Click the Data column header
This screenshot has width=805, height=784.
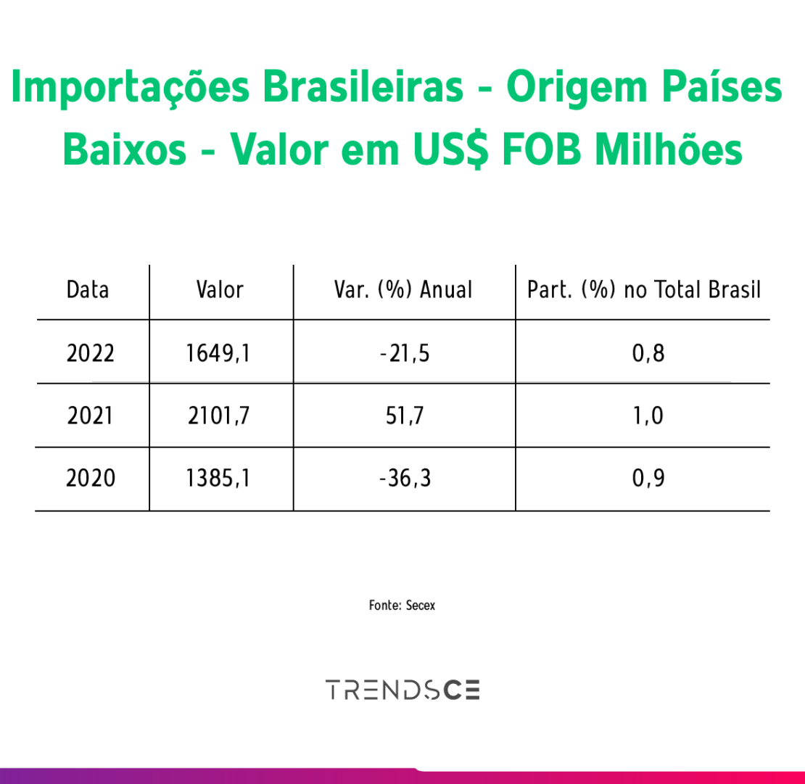tap(88, 290)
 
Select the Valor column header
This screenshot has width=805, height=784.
tap(220, 290)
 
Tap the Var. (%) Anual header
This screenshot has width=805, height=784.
tap(403, 290)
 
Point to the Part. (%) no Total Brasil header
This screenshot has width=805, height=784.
tap(644, 290)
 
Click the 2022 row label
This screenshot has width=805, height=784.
tap(91, 353)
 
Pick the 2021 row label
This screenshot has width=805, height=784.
tap(90, 416)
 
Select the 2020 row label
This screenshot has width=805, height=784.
tap(91, 479)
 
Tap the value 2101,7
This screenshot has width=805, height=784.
tap(219, 416)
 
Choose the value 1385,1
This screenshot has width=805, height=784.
tap(218, 479)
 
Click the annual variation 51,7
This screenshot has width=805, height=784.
tap(405, 416)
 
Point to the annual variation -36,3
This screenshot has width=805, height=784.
tap(405, 479)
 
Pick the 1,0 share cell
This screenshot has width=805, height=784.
tap(648, 416)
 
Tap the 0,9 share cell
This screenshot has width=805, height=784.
tap(648, 479)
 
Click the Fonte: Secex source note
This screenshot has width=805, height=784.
tap(402, 606)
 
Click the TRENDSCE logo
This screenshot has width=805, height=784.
tap(403, 690)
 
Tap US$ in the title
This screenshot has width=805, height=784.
tap(451, 150)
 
